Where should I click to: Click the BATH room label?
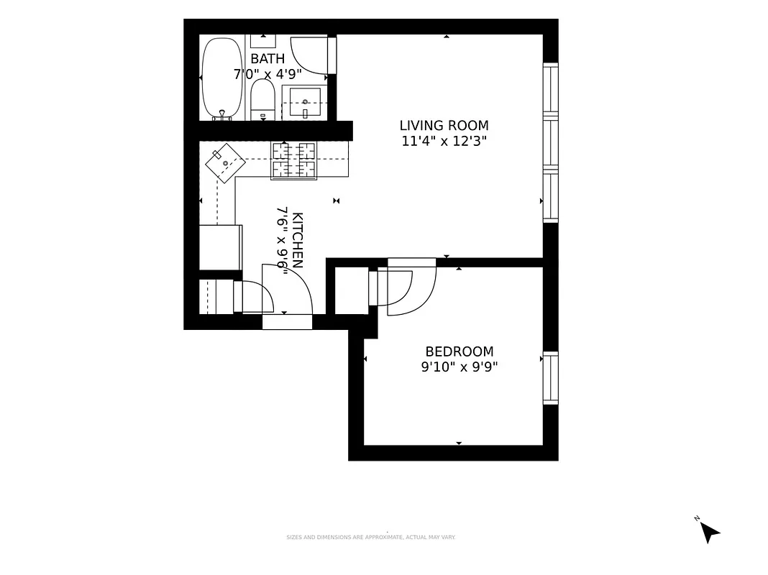268,59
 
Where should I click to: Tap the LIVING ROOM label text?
444,126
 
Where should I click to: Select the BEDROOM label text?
460,351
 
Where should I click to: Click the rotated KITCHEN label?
298,240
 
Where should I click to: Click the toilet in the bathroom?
262,100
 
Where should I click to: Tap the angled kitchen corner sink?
225,163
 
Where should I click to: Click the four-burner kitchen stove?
293,160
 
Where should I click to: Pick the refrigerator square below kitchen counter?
220,247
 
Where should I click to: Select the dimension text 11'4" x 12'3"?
444,142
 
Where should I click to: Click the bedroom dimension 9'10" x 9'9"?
460,367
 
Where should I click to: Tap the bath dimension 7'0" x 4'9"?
268,73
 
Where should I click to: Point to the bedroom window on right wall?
550,377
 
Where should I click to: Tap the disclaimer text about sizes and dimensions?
371,537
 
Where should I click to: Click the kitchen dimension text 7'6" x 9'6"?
282,240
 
